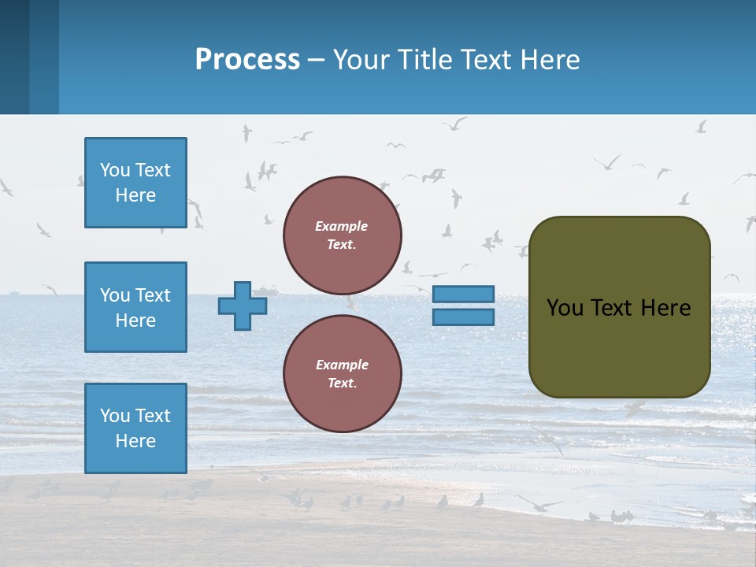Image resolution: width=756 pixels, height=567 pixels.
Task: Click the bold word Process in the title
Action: [247, 59]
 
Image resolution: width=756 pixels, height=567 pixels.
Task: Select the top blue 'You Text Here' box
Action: [135, 183]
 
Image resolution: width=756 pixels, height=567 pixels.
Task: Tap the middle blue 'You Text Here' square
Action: [135, 307]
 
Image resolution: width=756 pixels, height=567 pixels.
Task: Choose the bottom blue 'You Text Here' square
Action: [135, 428]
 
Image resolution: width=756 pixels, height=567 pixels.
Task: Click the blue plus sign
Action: [243, 306]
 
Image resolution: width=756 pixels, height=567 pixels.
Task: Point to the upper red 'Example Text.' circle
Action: [342, 235]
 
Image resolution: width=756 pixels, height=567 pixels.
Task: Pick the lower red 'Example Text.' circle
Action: [342, 374]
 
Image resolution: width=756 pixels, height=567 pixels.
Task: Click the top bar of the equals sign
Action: [463, 295]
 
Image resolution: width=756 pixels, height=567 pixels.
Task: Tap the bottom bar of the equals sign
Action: [463, 317]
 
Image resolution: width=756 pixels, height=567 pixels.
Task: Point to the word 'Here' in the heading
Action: [549, 59]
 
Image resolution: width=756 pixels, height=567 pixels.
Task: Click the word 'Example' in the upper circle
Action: [342, 226]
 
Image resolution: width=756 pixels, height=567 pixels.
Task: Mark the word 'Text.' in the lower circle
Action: [342, 384]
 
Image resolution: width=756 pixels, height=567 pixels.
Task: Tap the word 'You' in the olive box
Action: [565, 308]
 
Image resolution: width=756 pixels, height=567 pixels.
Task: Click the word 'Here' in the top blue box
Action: [135, 195]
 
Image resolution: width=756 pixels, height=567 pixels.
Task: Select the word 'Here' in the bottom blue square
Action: [135, 441]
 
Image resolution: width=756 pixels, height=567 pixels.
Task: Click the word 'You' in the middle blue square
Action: [113, 295]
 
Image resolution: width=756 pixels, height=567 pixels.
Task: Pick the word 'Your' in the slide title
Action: [361, 59]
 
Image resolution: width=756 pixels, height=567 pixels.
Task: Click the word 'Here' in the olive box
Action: [665, 308]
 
